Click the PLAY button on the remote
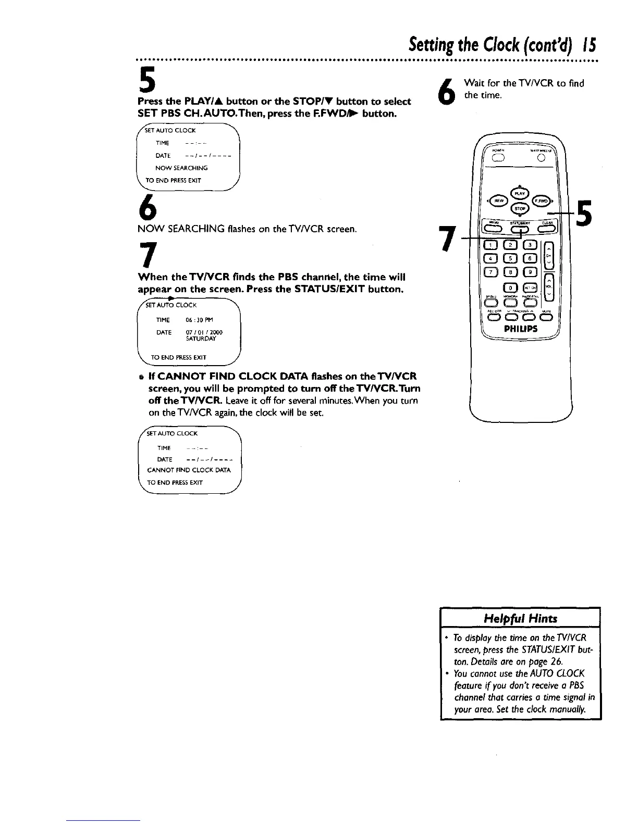coord(519,193)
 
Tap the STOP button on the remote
coord(519,209)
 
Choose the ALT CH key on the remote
coord(529,287)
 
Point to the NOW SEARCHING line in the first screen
coord(181,168)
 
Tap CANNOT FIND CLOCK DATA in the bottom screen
coord(189,470)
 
